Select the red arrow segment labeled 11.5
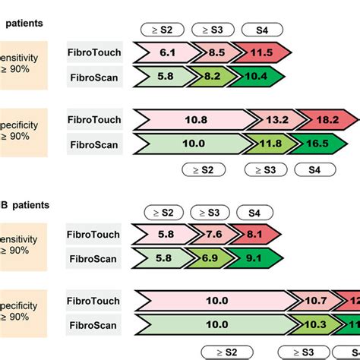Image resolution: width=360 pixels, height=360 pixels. point(262,53)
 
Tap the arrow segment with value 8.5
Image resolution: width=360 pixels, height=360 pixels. point(216,53)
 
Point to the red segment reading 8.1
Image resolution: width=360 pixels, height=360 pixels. point(256,234)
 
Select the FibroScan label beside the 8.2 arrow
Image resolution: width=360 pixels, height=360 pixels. point(93,77)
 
